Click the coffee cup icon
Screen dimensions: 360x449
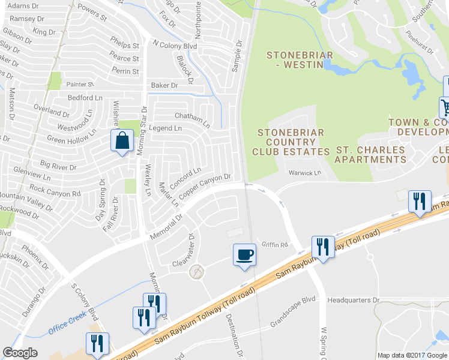(244, 254)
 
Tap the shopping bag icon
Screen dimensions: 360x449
(122, 142)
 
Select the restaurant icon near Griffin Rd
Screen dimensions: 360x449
(322, 247)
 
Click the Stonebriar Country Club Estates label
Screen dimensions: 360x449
(291, 142)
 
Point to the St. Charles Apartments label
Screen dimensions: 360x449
(370, 154)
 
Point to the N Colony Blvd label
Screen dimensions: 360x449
(175, 44)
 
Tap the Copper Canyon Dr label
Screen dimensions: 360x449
(205, 186)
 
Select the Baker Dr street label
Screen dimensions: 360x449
(164, 86)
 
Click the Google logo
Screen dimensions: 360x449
(20, 353)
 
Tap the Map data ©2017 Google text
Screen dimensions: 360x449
(412, 355)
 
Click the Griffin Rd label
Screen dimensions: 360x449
(275, 244)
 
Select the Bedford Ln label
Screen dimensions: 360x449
(85, 97)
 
